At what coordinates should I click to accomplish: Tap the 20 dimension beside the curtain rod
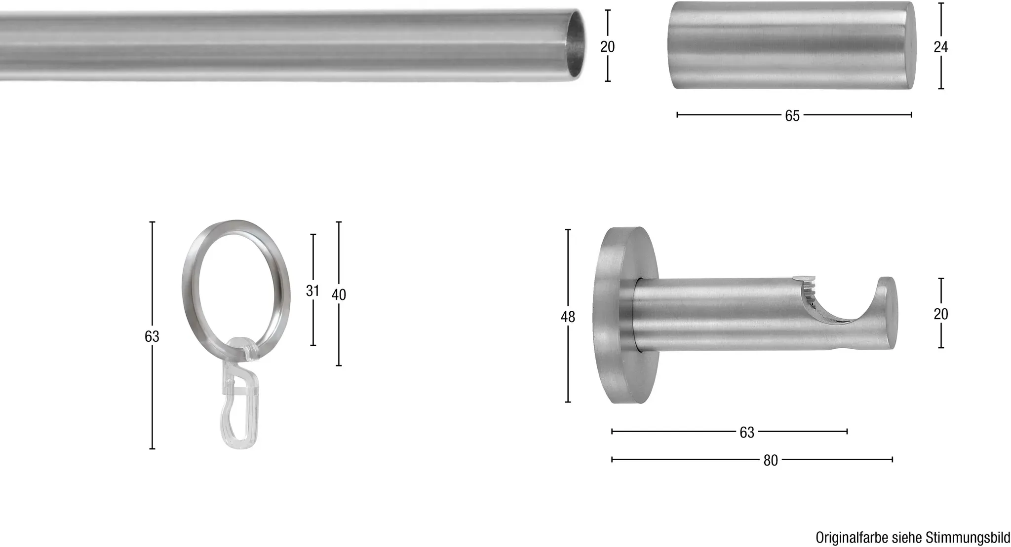pos(607,46)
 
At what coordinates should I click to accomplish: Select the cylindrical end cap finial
pos(792,46)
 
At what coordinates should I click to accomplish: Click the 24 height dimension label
pos(941,47)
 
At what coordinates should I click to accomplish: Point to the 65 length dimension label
pos(792,115)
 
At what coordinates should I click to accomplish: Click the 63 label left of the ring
pos(152,336)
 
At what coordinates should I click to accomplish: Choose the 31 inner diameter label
pos(312,291)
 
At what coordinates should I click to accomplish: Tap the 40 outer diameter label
pos(339,294)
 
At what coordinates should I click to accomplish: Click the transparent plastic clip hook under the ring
pos(238,393)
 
